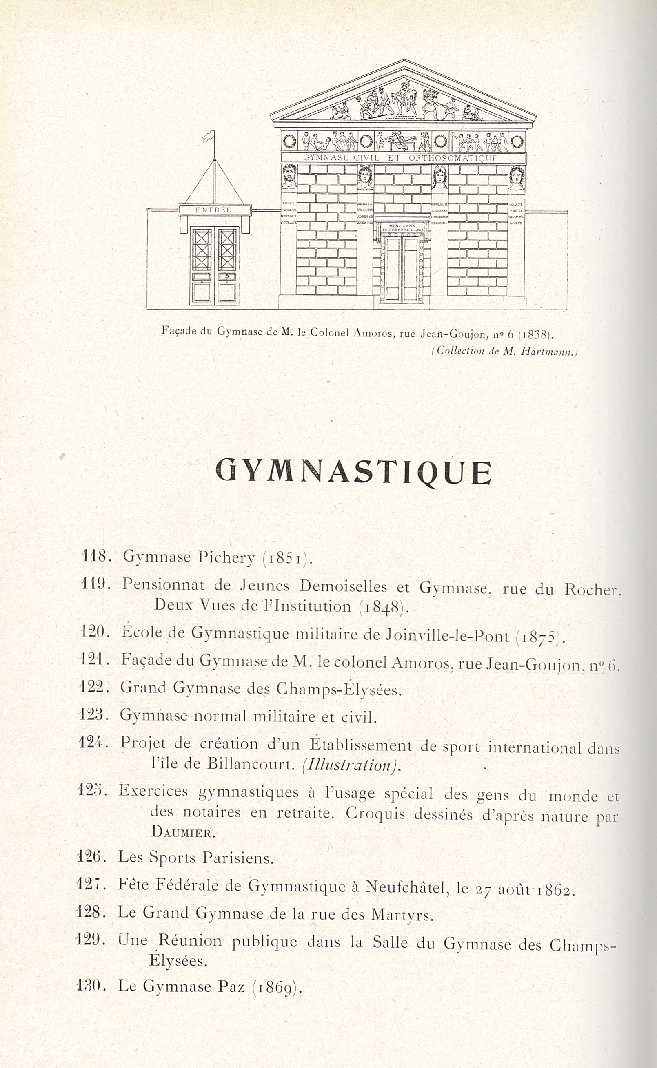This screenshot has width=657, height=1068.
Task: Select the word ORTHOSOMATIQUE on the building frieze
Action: click(452, 159)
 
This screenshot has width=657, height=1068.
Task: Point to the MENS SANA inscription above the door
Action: click(402, 227)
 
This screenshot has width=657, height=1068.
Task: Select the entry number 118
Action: click(95, 556)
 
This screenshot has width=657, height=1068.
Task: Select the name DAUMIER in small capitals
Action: click(183, 832)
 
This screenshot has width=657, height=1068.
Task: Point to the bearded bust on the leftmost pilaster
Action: click(289, 176)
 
